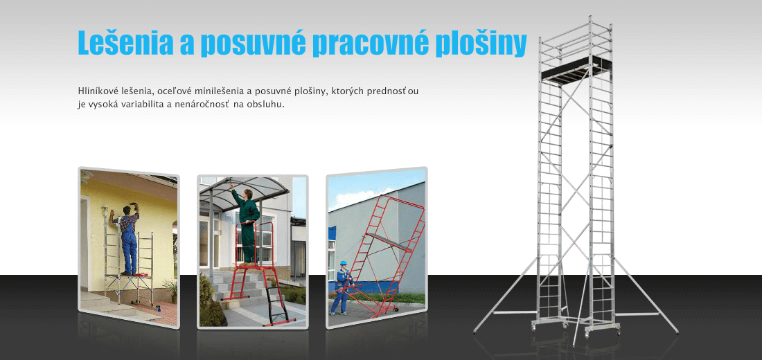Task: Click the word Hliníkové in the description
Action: [x=96, y=91]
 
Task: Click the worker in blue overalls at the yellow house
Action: [x=128, y=239]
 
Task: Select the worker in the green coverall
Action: [x=247, y=224]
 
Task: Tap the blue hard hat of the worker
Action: [x=343, y=263]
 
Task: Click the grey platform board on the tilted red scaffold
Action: [x=389, y=241]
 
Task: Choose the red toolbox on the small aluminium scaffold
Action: [x=142, y=276]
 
